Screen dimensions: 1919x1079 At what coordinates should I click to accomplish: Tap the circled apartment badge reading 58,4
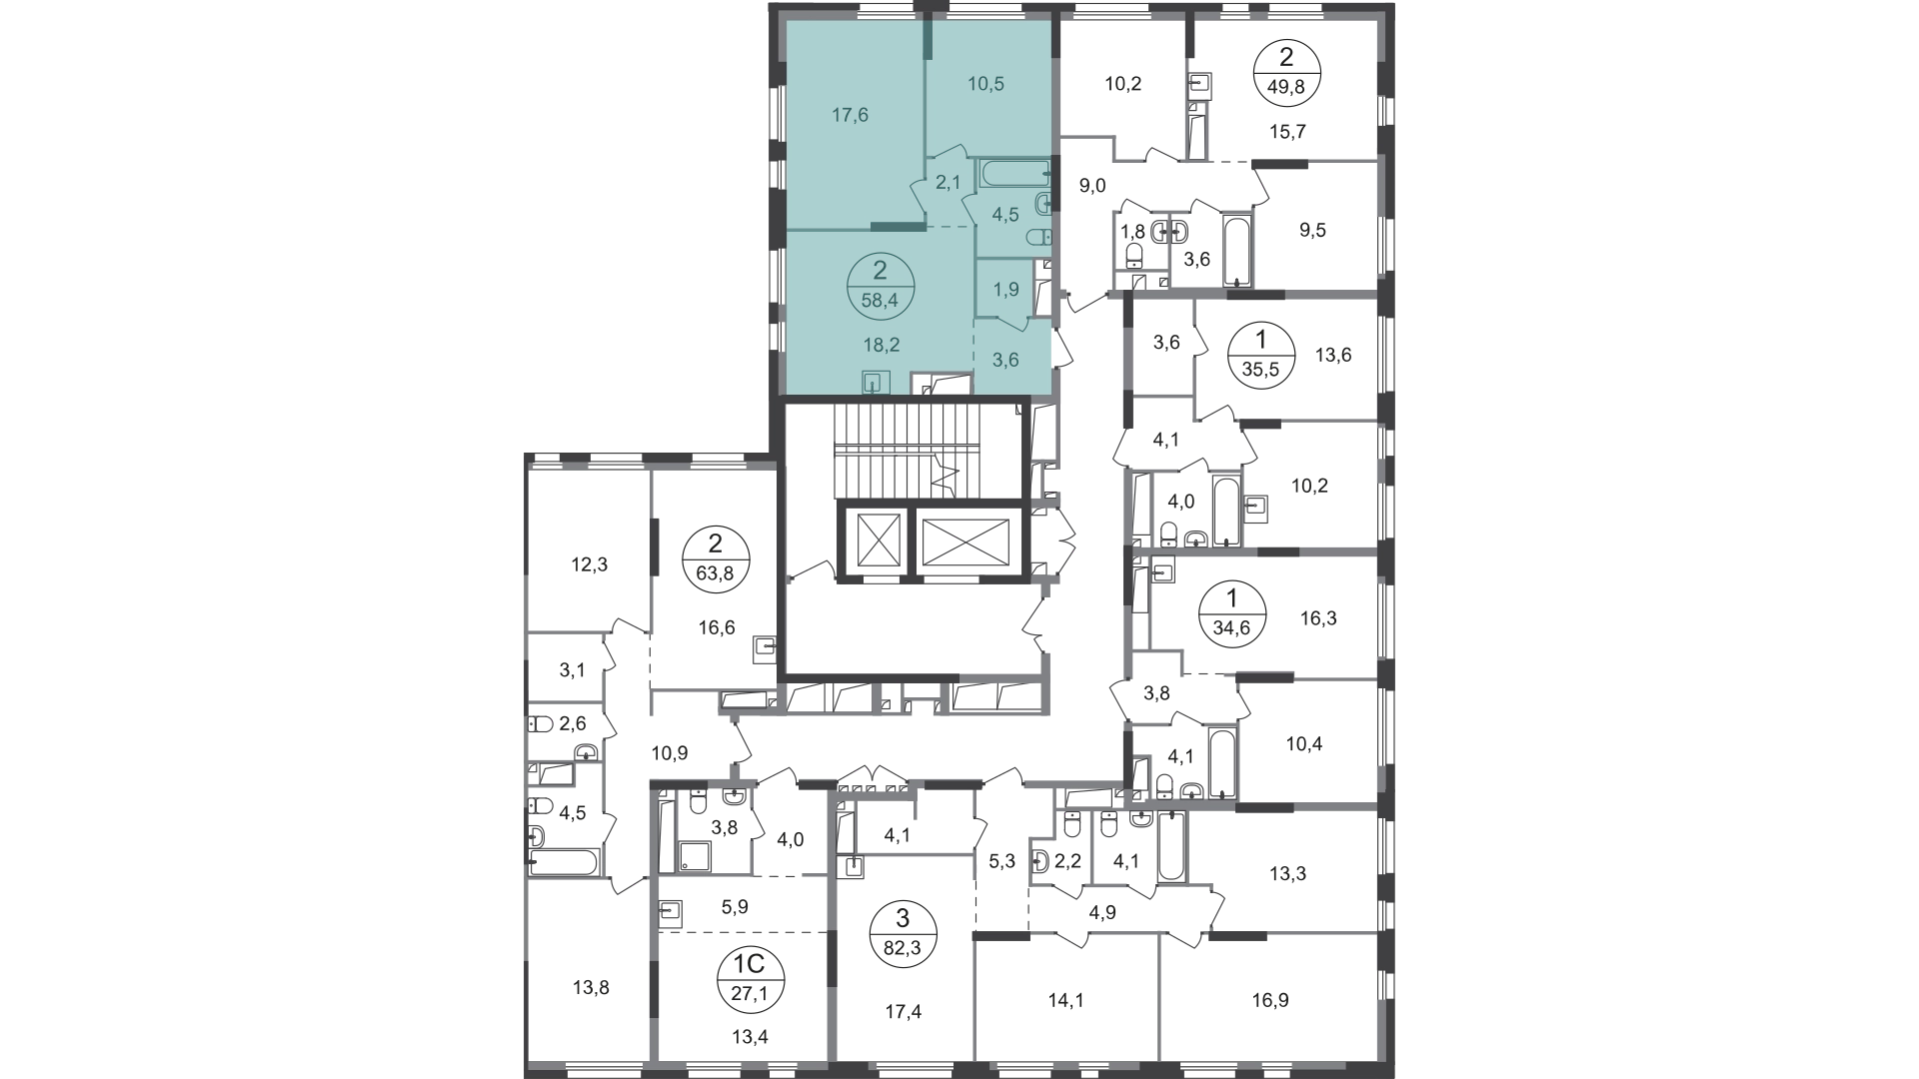(x=880, y=284)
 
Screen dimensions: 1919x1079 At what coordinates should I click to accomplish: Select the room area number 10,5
(x=959, y=84)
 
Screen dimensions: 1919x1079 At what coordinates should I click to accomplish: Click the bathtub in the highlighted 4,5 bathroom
(x=1014, y=173)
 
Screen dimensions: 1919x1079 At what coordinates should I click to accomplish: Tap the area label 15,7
(x=1288, y=131)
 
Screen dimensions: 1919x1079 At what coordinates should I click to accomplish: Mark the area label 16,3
(x=1318, y=618)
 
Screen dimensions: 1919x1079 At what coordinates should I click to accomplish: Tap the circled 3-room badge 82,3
(x=903, y=933)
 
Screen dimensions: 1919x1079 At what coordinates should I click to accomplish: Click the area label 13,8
(x=591, y=988)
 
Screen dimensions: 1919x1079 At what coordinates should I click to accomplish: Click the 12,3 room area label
(x=590, y=564)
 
